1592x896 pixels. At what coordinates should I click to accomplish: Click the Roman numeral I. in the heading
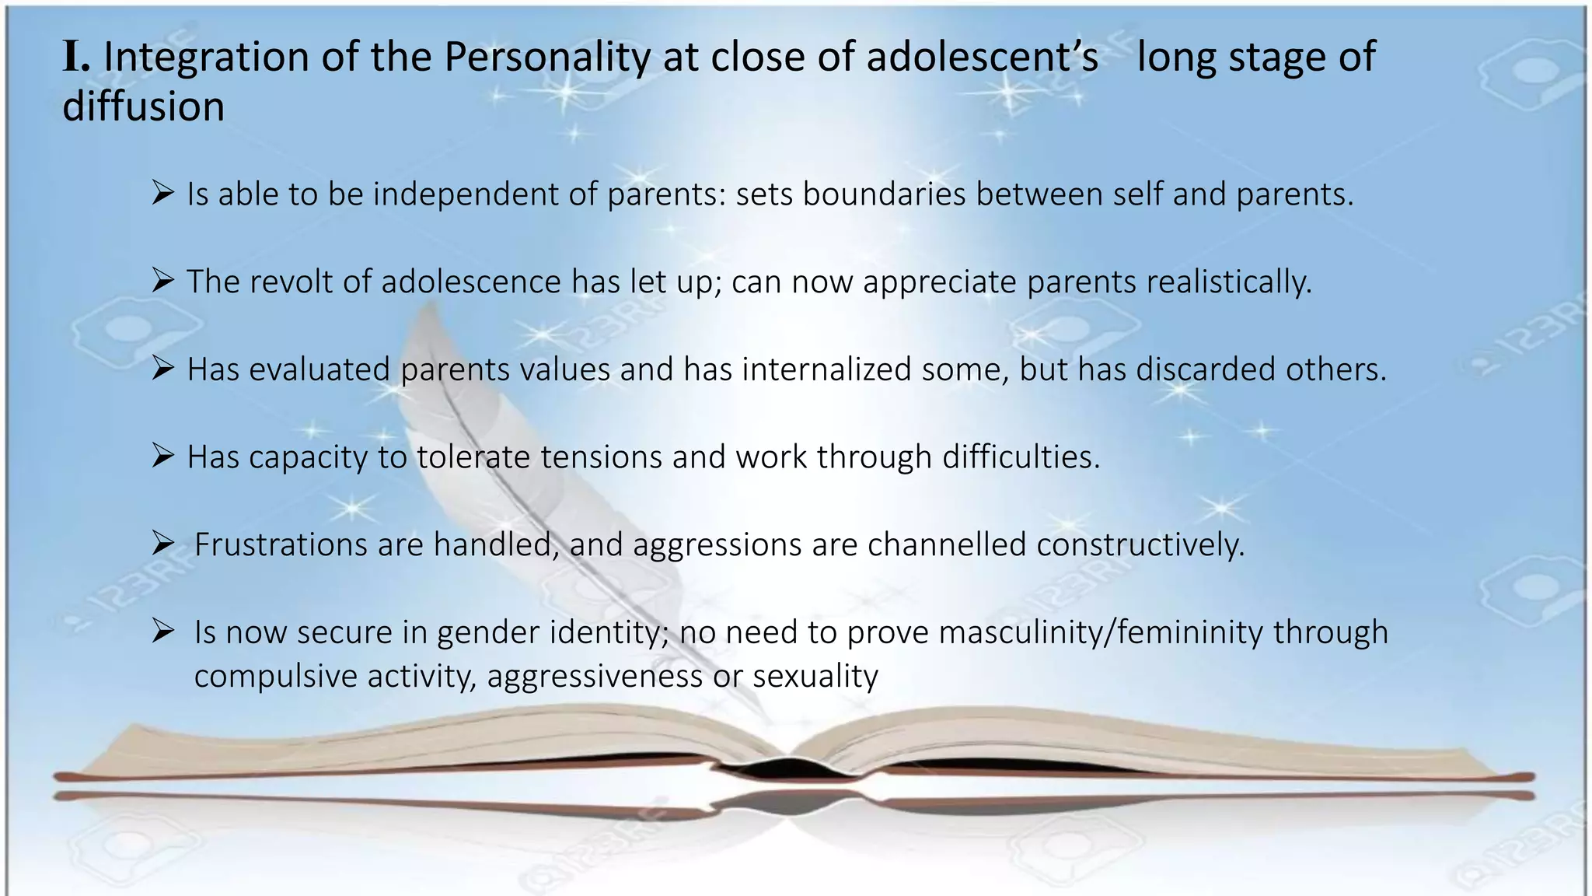click(x=75, y=57)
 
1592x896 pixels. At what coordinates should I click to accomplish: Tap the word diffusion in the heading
click(x=143, y=107)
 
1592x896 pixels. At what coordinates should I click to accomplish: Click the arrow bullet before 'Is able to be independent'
click(x=162, y=192)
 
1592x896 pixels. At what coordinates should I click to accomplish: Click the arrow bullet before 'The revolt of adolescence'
click(x=162, y=280)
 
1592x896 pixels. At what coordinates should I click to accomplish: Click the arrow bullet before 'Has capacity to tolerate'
click(x=162, y=455)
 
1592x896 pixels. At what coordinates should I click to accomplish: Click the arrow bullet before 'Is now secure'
click(x=162, y=630)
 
